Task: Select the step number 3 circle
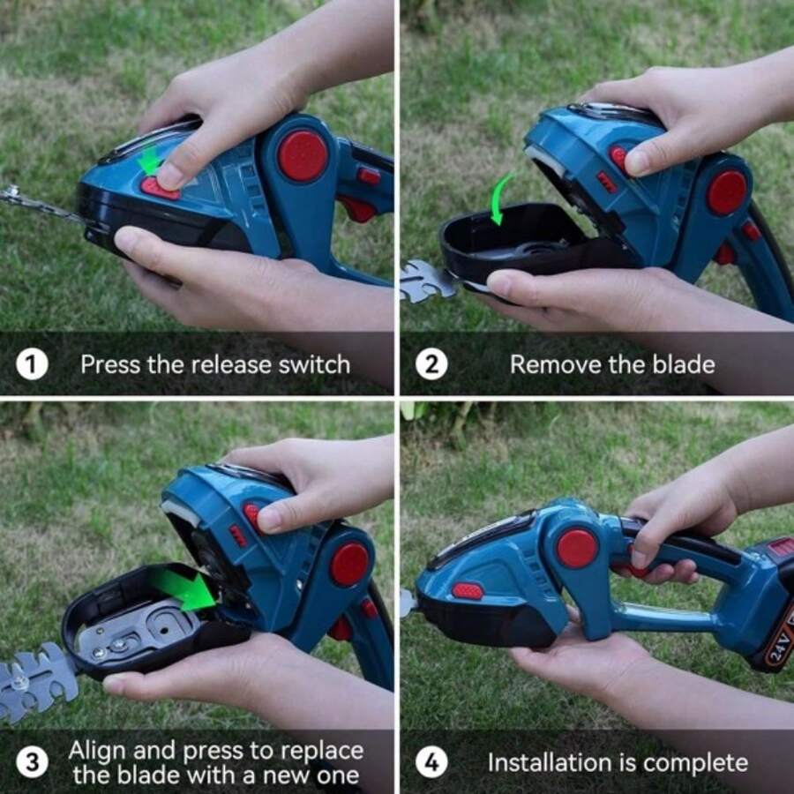(x=32, y=762)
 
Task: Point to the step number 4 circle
(x=431, y=762)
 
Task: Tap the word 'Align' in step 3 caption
(x=97, y=751)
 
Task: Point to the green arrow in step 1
(x=151, y=160)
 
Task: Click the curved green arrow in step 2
(x=501, y=196)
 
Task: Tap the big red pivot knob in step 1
(x=303, y=156)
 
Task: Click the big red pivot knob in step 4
(x=577, y=548)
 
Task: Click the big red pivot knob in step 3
(x=349, y=565)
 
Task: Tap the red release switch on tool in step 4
(x=467, y=590)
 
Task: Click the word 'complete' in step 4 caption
(x=698, y=762)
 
